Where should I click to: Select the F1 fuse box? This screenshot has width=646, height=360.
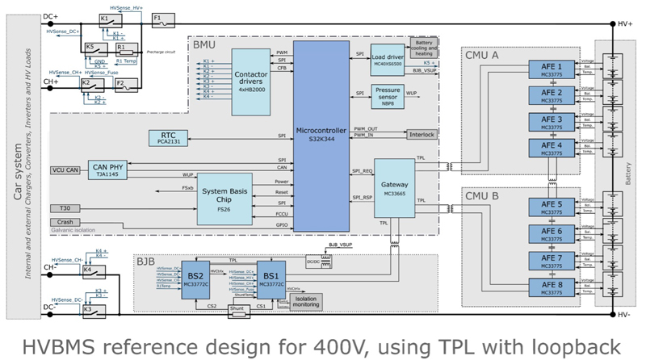pos(158,18)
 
